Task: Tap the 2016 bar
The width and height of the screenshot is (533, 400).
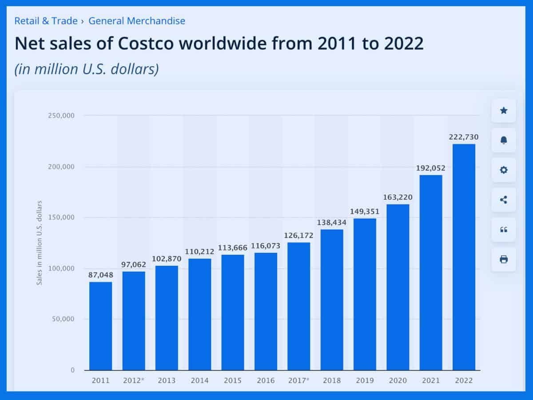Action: click(266, 311)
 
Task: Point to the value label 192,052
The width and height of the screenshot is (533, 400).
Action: click(430, 168)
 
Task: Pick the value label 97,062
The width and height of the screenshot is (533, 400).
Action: click(134, 265)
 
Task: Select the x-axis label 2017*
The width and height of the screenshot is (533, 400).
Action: click(298, 381)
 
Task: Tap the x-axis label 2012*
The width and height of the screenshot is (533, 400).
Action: click(134, 381)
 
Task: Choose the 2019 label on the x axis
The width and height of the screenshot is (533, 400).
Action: click(365, 381)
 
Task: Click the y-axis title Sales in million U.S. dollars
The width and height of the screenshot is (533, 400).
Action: click(39, 243)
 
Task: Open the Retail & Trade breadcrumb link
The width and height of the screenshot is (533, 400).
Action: click(46, 20)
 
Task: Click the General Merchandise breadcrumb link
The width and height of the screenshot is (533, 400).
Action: click(137, 20)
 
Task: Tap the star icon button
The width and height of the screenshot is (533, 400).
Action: click(503, 111)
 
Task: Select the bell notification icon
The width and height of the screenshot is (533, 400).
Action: click(503, 140)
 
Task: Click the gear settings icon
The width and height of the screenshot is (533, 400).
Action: click(503, 170)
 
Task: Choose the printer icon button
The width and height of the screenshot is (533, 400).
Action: click(503, 260)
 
